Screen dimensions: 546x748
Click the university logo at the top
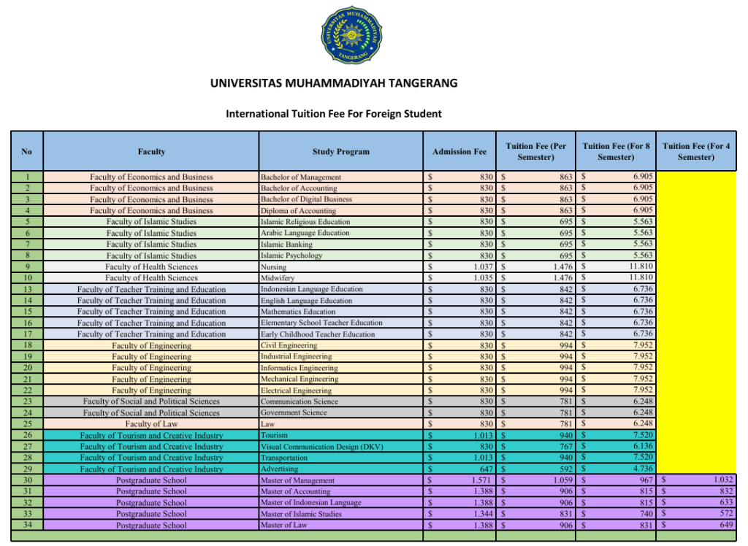[x=351, y=34]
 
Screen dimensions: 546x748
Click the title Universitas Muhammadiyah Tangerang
[x=334, y=83]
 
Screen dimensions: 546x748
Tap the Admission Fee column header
[x=459, y=152]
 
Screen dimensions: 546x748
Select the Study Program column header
[x=341, y=152]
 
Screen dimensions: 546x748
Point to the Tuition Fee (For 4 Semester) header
[x=695, y=152]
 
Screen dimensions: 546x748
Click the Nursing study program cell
[x=274, y=267]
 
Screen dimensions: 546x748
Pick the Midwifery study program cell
[x=278, y=278]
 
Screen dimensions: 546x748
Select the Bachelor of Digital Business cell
[x=306, y=199]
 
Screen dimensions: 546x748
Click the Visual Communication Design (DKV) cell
[x=321, y=447]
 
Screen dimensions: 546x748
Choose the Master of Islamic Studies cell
[x=302, y=514]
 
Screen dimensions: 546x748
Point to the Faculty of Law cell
[x=151, y=424]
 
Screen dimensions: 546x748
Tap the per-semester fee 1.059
[x=557, y=480]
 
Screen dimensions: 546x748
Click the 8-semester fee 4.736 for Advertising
[x=643, y=469]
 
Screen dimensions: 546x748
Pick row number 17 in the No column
[x=27, y=334]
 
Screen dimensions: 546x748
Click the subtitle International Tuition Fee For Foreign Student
[x=334, y=114]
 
